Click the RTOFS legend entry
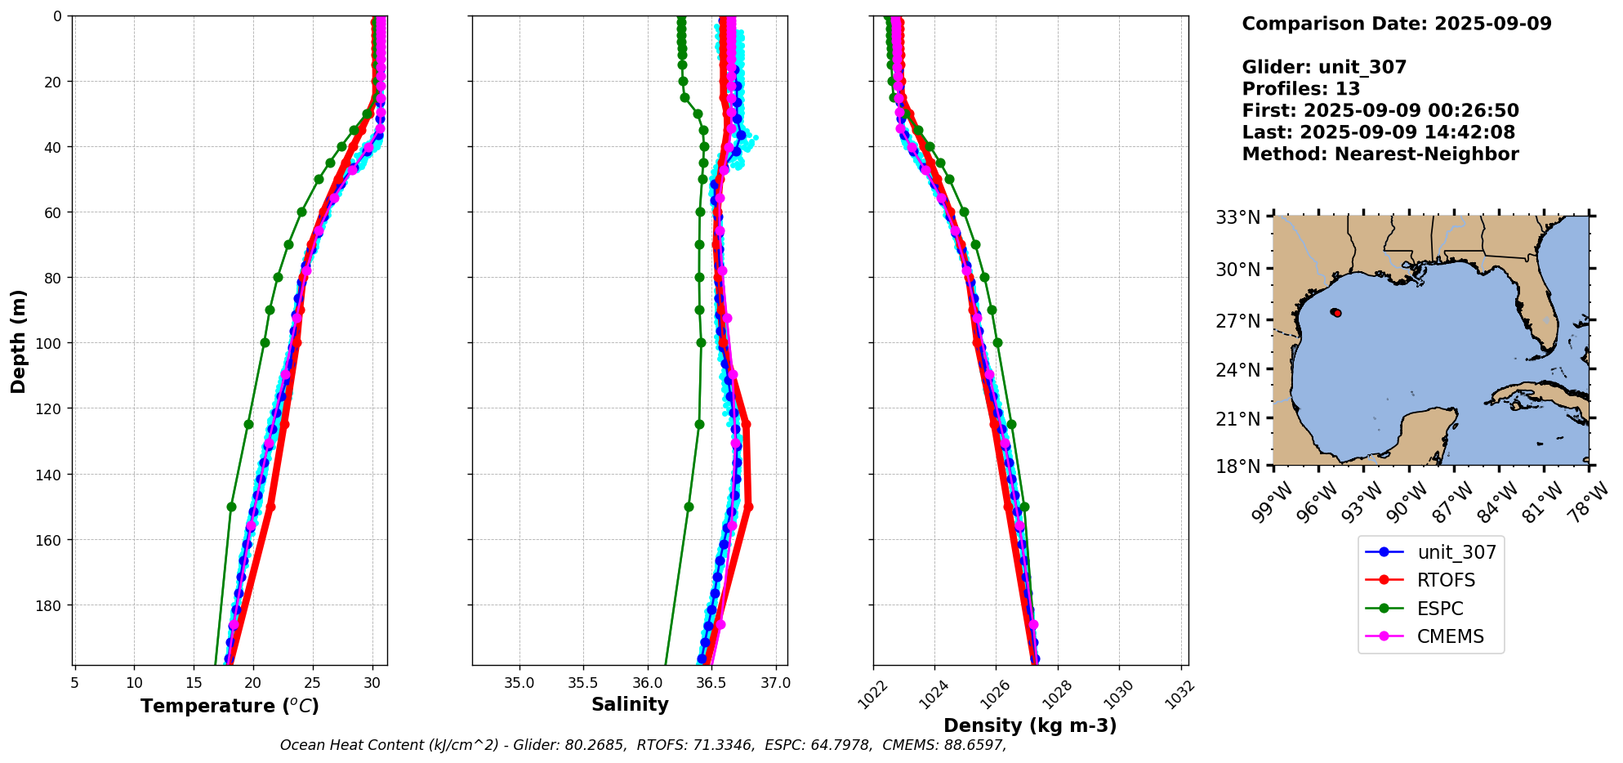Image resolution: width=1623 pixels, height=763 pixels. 1445,580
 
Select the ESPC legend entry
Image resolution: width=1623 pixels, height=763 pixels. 1439,609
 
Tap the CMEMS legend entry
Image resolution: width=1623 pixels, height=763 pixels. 1450,636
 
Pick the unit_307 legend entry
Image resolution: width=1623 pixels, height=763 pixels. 1456,552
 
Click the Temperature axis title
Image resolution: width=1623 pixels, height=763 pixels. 230,706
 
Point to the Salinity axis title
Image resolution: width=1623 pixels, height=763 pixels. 630,704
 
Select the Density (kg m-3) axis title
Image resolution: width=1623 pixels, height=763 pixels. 1030,725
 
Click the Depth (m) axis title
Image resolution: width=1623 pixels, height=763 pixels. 18,341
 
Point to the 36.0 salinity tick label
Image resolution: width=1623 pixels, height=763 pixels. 647,683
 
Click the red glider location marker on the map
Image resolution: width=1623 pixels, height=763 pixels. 1337,313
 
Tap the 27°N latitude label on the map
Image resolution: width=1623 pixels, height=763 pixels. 1238,321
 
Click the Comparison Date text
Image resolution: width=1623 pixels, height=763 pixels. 1396,24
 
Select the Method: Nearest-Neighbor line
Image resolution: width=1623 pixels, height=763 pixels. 1380,154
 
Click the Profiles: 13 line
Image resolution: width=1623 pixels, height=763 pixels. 1300,89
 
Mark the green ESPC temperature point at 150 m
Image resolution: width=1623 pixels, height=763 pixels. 231,506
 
